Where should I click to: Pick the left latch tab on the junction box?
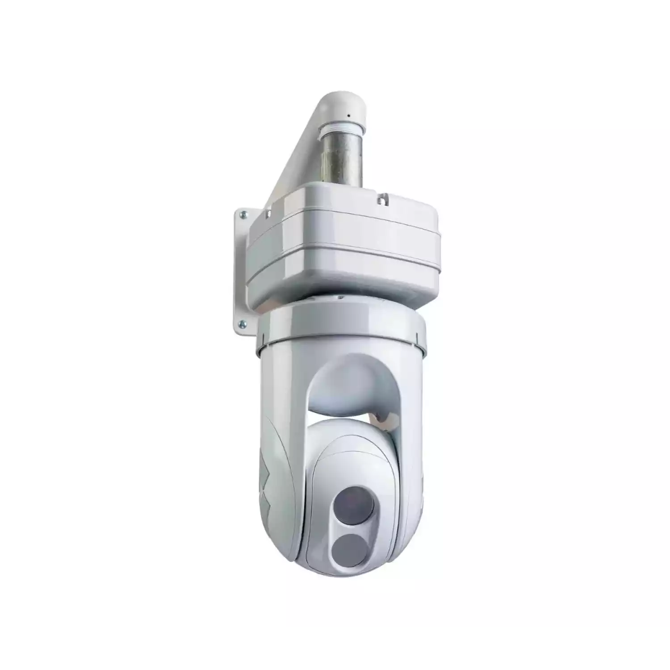pos(268,215)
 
